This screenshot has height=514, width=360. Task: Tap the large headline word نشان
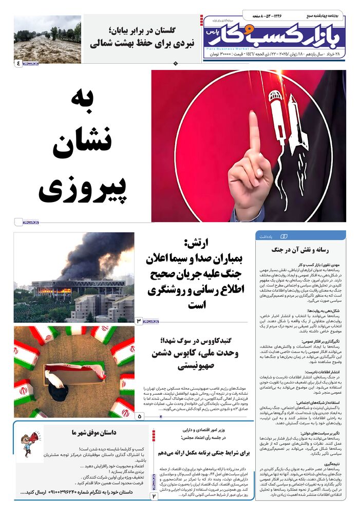(x=80, y=145)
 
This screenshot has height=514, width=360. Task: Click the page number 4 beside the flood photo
(x=19, y=63)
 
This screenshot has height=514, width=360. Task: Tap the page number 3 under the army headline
(x=139, y=321)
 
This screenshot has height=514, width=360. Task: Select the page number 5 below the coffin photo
(x=140, y=416)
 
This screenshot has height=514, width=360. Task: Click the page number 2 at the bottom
(x=154, y=497)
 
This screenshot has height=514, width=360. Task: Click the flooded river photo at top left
(x=47, y=39)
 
